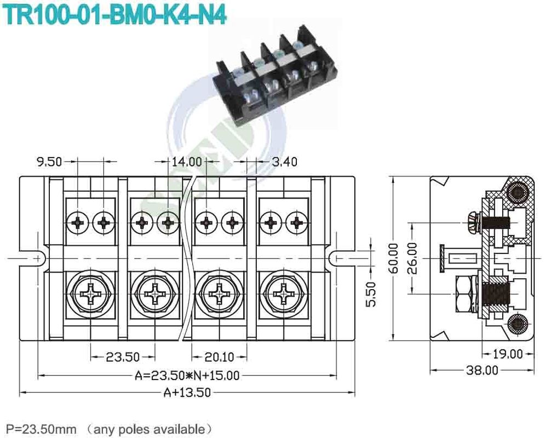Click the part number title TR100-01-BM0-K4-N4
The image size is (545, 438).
pos(116,14)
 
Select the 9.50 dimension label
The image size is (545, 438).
pos(49,162)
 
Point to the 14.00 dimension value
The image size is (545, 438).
pos(187,162)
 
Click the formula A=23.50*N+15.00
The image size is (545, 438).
pos(187,376)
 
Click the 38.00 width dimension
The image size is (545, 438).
pos(482,371)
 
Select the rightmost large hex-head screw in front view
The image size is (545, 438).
pos(284,293)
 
